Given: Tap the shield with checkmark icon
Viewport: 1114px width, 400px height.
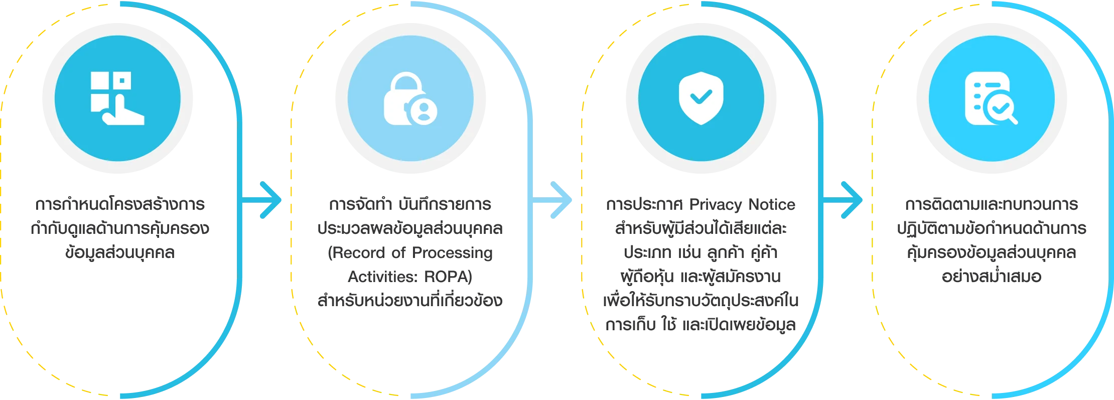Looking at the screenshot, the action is (x=701, y=98).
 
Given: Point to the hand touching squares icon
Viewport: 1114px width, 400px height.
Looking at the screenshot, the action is (x=117, y=98).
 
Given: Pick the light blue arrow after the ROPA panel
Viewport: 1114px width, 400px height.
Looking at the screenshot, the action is (x=551, y=200).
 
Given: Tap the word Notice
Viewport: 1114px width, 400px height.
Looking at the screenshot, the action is (x=772, y=205).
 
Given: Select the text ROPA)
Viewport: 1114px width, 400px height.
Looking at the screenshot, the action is (x=448, y=277).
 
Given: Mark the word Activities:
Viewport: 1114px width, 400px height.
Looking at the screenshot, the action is (x=383, y=277).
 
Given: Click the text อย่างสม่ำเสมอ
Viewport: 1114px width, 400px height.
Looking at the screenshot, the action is (x=992, y=276).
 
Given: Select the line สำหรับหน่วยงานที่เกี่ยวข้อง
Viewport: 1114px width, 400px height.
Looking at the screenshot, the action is (x=410, y=300).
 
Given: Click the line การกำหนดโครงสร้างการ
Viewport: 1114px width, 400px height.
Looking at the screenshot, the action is (x=120, y=204).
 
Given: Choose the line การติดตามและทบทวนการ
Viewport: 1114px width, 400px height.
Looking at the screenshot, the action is (x=992, y=204).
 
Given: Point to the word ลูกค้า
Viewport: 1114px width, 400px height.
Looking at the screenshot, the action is (x=726, y=252).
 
